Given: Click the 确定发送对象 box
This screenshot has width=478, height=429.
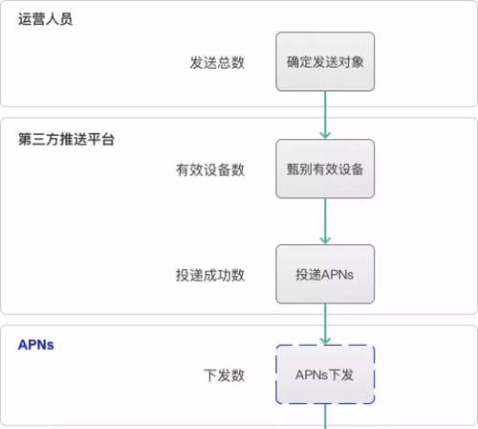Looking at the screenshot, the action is (325, 61).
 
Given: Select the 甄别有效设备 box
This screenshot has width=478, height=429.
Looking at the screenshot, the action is (325, 169).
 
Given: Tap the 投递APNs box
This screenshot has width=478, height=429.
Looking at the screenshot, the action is (325, 274).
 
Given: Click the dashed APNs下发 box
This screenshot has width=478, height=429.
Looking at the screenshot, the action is (325, 374).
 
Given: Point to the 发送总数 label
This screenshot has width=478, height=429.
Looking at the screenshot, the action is (217, 62).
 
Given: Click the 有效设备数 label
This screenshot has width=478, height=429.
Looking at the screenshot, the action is (210, 169).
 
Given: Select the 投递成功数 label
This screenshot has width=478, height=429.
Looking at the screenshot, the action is (210, 275).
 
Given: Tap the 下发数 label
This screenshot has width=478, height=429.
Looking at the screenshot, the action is (224, 375).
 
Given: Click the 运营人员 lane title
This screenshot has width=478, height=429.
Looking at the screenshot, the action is (45, 19).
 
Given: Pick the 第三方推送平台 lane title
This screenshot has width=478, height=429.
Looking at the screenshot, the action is (66, 139).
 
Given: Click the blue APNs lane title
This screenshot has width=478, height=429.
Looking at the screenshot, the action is (35, 345).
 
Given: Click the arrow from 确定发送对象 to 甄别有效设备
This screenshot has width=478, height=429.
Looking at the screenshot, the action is (325, 115).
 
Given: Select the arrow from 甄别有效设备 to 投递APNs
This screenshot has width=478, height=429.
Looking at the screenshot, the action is (325, 221).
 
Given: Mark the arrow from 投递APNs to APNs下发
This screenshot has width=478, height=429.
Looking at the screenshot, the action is (325, 324).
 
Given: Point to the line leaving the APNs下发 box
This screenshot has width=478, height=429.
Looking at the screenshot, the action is (325, 417).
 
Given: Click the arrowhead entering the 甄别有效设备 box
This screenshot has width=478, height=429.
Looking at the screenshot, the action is (325, 135).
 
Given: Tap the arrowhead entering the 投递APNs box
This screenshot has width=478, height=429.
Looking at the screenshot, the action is (325, 240).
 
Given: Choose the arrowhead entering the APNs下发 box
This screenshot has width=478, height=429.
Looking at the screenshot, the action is (325, 341).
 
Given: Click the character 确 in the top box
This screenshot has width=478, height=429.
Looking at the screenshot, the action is (293, 61).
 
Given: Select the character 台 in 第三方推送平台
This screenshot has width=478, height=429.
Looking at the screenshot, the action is (108, 139).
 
